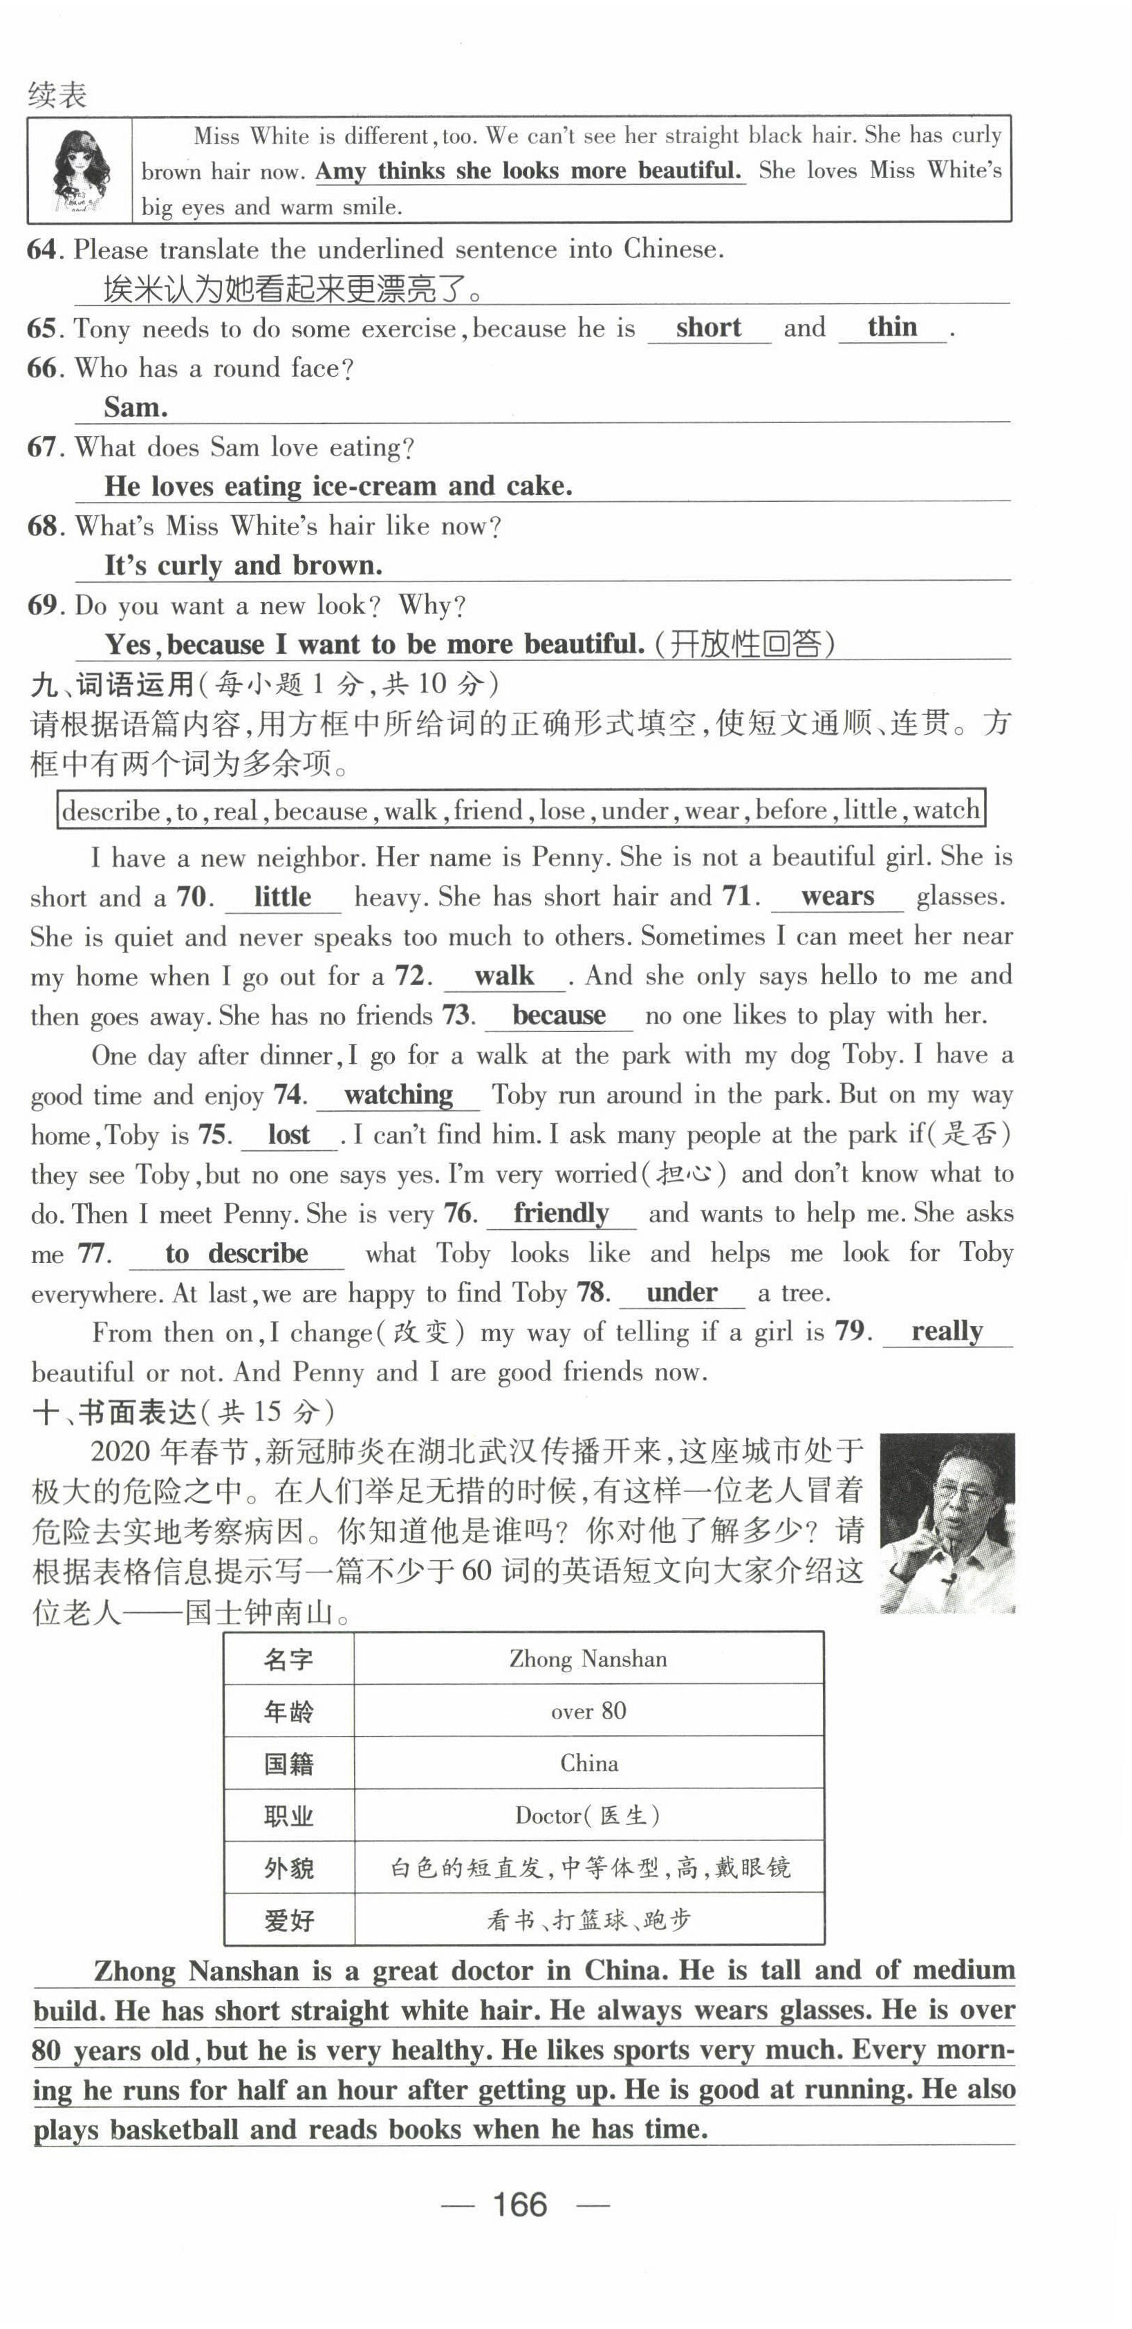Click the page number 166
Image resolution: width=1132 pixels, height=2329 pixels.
(520, 2205)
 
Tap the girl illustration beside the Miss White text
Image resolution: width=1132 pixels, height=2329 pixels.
(80, 171)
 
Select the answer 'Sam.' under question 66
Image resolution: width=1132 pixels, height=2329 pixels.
(136, 407)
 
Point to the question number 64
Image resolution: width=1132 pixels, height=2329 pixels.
(42, 250)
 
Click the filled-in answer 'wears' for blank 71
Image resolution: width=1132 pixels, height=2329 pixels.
(837, 896)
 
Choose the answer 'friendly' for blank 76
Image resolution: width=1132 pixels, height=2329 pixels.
(561, 1213)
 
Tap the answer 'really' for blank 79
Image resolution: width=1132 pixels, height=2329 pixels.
(947, 1331)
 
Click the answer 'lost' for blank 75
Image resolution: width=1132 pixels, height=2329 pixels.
(288, 1134)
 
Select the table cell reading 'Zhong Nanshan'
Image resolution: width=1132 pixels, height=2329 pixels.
(588, 1659)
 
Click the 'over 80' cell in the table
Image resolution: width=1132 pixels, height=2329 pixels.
(588, 1710)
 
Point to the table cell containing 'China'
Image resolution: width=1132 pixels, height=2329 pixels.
(588, 1763)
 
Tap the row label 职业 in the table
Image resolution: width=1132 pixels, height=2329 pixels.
(288, 1815)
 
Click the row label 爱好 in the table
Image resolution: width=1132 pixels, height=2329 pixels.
(288, 1920)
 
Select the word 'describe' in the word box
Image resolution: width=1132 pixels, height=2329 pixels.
(111, 810)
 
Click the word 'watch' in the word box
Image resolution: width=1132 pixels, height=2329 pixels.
(946, 810)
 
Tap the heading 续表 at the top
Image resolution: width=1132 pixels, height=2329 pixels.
(57, 94)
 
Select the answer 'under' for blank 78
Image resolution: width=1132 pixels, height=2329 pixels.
(682, 1292)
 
